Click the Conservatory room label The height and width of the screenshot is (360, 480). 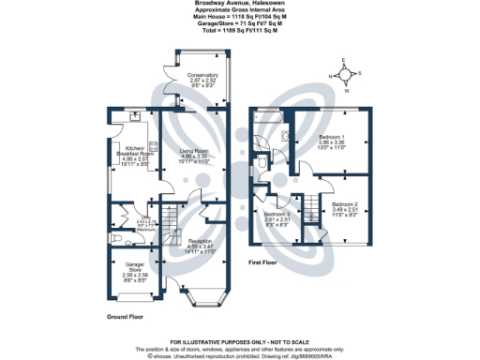[202, 74]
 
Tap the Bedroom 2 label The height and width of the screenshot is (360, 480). [344, 203]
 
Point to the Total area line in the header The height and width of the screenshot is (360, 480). [240, 31]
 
